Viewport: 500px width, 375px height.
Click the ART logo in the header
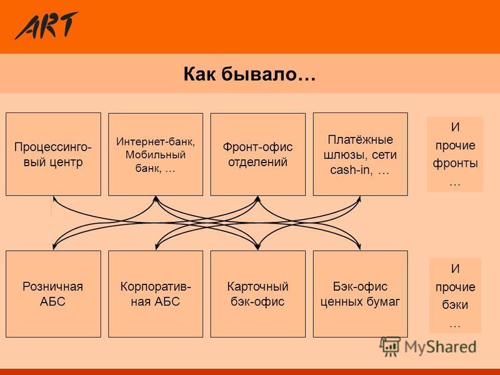(x=46, y=26)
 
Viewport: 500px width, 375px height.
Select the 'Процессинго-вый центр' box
(x=53, y=154)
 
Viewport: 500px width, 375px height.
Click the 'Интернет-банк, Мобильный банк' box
(x=156, y=154)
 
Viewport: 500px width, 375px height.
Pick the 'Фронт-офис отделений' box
(x=258, y=154)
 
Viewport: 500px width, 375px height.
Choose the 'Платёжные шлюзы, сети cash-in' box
(x=361, y=154)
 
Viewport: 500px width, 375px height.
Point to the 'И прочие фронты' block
(x=455, y=154)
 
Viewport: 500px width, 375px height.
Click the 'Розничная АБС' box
(x=53, y=294)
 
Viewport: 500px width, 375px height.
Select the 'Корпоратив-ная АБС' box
(x=156, y=294)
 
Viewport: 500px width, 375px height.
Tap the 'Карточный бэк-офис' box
(x=258, y=294)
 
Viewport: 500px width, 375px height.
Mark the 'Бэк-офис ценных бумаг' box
(x=361, y=294)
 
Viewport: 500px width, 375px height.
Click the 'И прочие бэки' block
(x=456, y=296)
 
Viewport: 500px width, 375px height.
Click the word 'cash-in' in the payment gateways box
(x=350, y=170)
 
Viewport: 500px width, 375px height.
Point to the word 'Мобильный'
(x=156, y=154)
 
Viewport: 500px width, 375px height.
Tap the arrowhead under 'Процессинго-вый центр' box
(x=54, y=199)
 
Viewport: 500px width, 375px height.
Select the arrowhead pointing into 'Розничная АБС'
(x=54, y=246)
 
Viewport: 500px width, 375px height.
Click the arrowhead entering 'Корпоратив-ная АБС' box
(x=156, y=247)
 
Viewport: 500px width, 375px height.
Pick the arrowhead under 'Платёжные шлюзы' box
(x=359, y=199)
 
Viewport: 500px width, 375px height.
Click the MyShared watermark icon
(x=390, y=347)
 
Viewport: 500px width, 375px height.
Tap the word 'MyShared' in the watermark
(x=440, y=347)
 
